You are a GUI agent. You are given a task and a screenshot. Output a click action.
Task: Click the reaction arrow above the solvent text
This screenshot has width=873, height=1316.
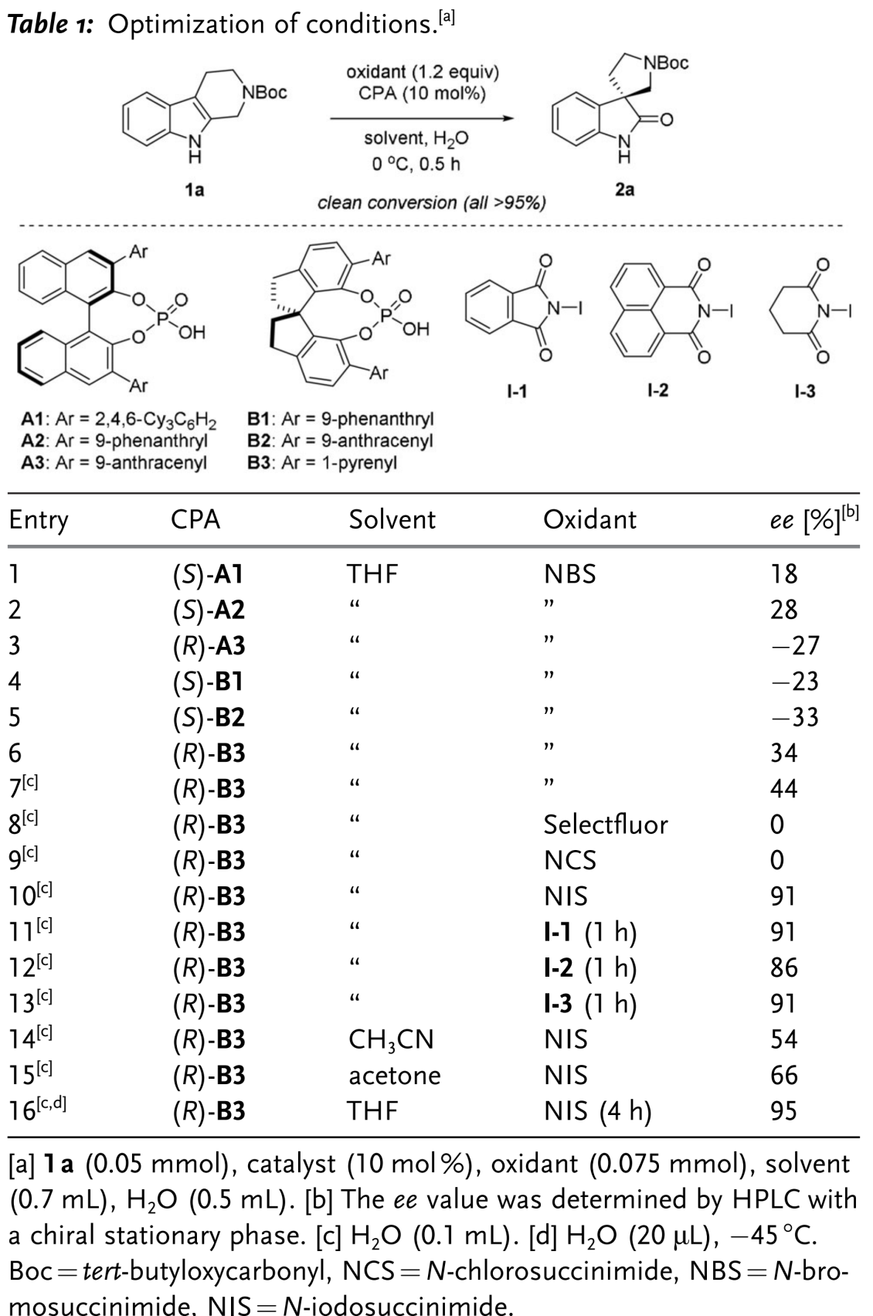(422, 119)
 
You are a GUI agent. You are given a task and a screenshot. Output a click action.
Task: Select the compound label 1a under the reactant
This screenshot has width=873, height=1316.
(195, 189)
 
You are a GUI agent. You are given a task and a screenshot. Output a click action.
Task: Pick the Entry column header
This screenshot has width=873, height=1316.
(39, 519)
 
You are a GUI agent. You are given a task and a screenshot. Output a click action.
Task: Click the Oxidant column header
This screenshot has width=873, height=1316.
(589, 519)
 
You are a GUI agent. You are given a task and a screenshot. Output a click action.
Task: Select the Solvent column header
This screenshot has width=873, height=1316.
(392, 519)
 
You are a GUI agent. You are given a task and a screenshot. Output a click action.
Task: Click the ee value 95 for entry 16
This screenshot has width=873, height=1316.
(783, 1111)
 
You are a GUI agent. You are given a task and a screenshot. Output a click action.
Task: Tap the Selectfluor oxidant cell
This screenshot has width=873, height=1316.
(605, 825)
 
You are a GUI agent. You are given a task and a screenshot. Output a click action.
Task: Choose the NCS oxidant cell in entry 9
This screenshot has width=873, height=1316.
(569, 860)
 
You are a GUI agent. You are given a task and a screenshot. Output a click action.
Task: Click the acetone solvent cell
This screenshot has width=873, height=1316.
(394, 1075)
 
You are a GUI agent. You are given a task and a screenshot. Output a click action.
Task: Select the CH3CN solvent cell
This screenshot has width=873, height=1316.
(391, 1039)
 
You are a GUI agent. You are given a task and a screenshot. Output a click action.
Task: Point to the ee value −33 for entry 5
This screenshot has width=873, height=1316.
(790, 717)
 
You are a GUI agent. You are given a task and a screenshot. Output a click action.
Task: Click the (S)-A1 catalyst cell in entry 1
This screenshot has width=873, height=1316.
(208, 574)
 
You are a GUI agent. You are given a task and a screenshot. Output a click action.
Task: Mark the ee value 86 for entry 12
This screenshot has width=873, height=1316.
(783, 967)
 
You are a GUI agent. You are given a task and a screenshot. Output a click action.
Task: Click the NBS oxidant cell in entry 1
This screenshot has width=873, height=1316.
(569, 574)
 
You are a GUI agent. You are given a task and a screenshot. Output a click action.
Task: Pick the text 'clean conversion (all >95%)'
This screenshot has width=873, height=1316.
(432, 203)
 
